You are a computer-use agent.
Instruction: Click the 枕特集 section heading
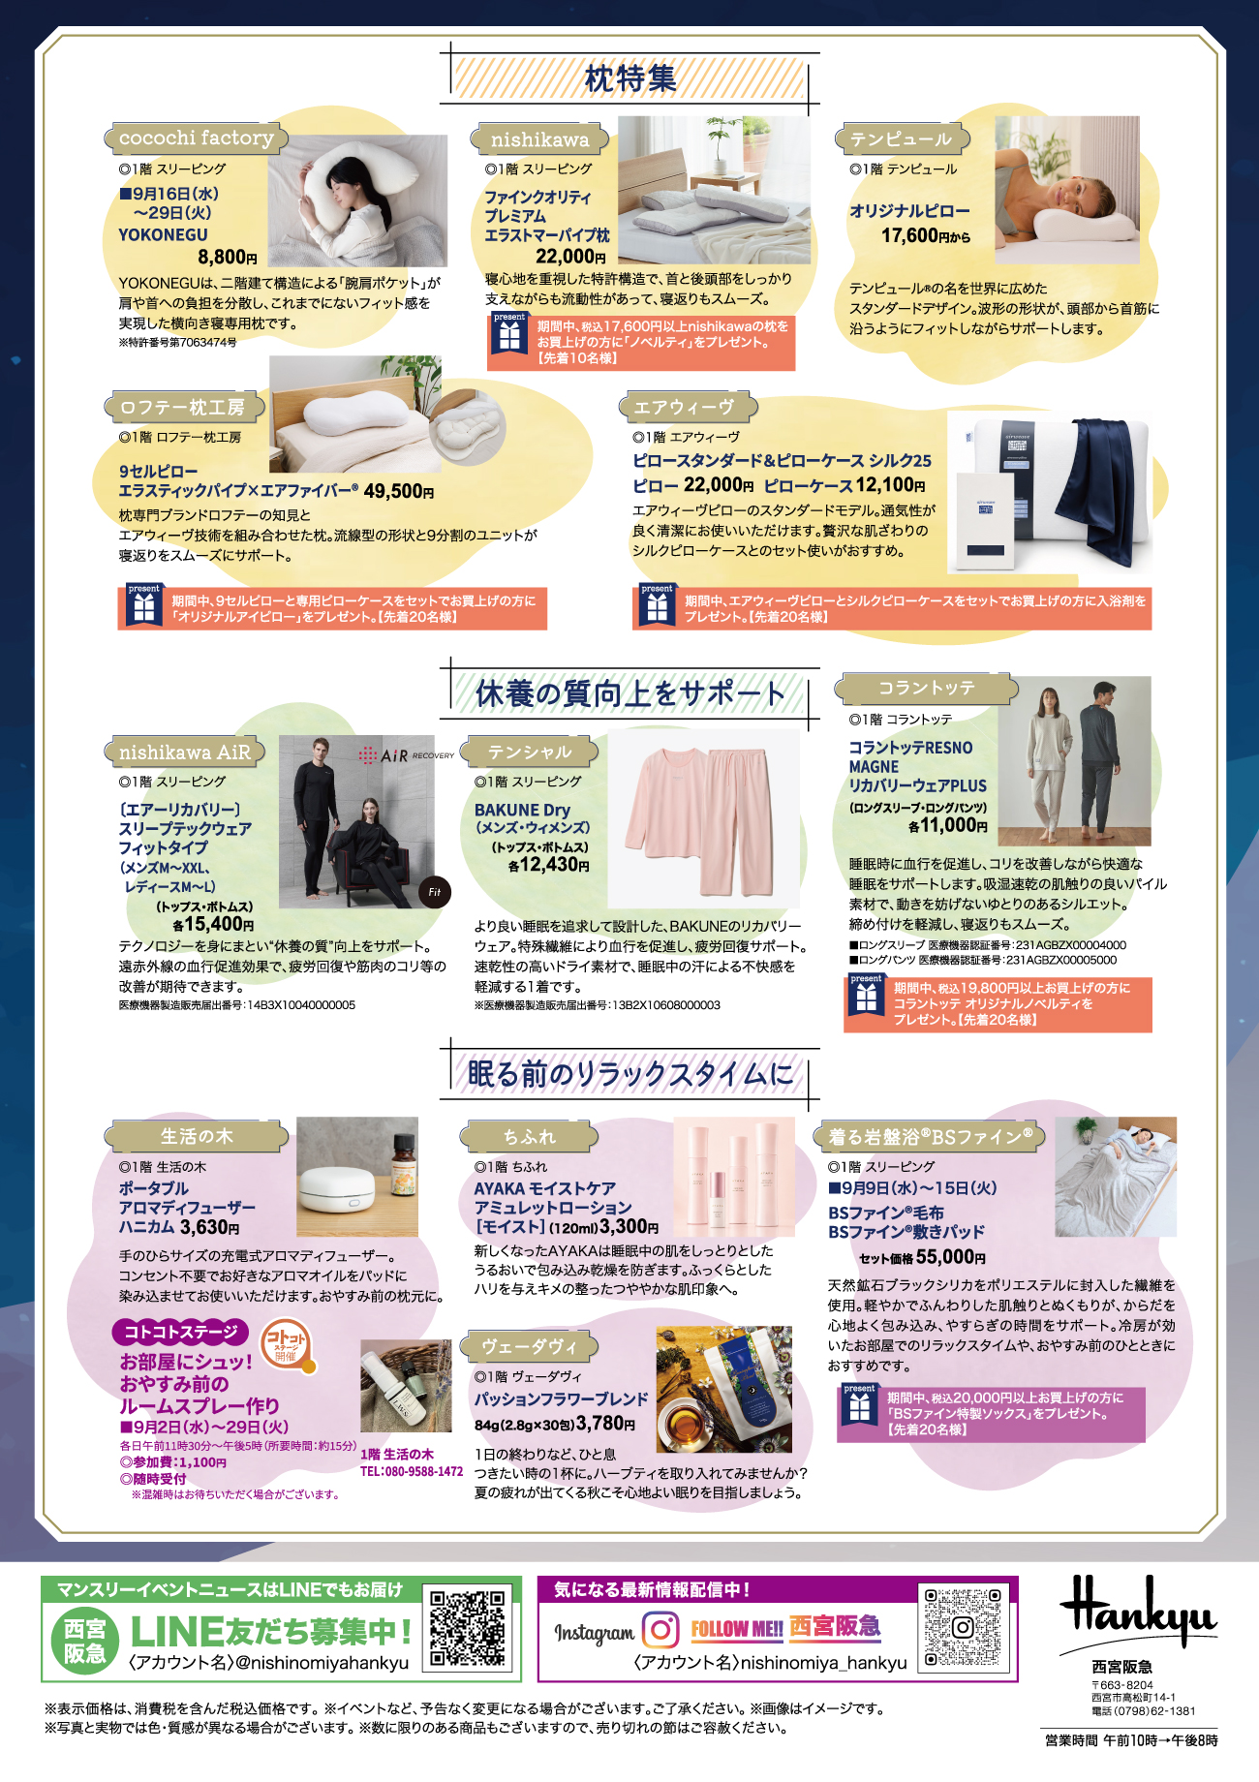(630, 78)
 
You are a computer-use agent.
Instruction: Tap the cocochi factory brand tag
(196, 138)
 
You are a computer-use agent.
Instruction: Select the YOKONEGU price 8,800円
(228, 257)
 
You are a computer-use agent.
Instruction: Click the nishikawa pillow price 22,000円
(570, 256)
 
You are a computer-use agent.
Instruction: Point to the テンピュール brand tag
(901, 139)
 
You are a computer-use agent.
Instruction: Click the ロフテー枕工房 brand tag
(181, 408)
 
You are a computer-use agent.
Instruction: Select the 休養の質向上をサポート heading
(630, 693)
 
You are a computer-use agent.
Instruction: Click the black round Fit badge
(434, 892)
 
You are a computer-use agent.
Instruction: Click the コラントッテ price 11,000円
(948, 825)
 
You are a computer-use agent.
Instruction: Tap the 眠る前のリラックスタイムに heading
(630, 1073)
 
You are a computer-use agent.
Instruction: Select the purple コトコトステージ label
(181, 1333)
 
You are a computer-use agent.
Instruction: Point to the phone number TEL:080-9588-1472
(412, 1472)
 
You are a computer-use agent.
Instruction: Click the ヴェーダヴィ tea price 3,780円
(605, 1424)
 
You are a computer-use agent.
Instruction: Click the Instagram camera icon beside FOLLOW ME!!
(660, 1629)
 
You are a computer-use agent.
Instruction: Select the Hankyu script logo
(1137, 1610)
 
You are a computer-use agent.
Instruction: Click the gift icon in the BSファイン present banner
(859, 1408)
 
